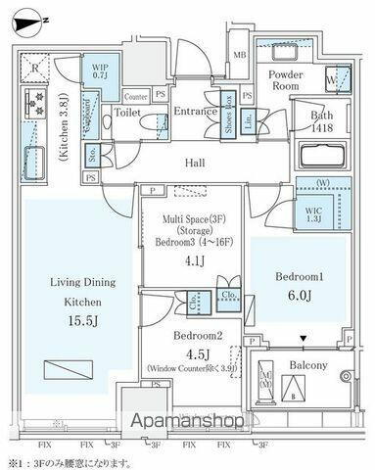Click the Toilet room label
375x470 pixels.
[128, 113]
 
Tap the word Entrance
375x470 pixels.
[195, 112]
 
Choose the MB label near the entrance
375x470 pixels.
[240, 55]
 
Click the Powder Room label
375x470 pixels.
[285, 80]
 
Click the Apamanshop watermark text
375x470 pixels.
[188, 421]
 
